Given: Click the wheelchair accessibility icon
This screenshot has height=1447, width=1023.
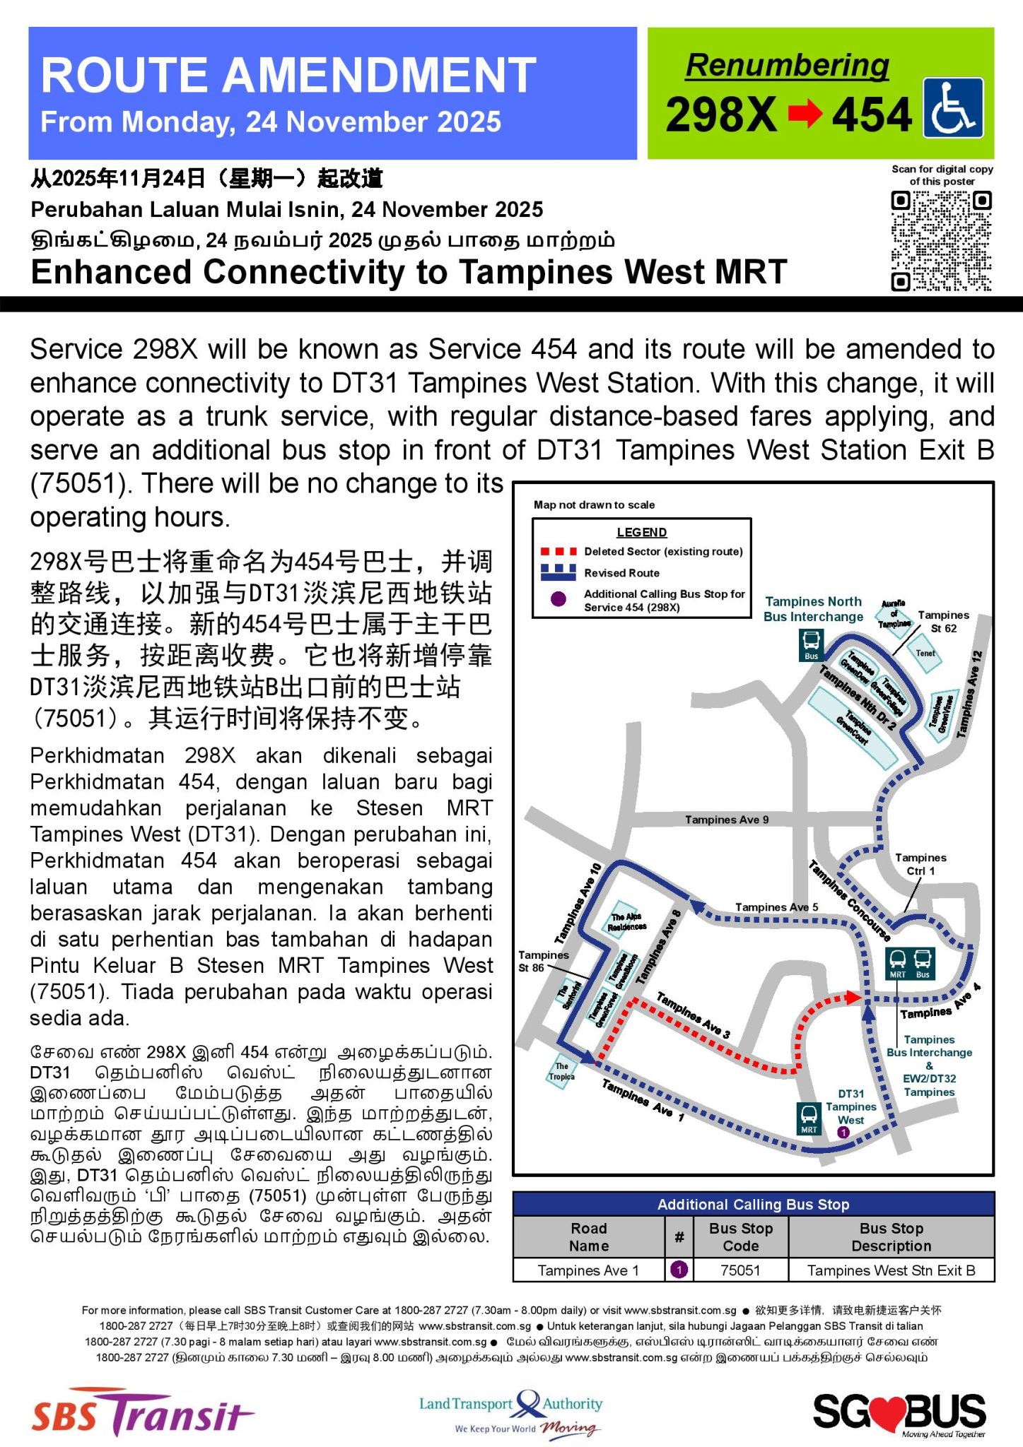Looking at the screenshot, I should click(952, 108).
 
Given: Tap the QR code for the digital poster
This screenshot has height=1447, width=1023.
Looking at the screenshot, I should click(941, 241).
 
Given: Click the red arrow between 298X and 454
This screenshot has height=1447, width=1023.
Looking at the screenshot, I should click(805, 114).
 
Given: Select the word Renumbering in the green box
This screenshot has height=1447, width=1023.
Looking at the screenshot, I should click(787, 65).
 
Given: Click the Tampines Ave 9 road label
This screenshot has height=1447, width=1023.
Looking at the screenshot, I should click(726, 820).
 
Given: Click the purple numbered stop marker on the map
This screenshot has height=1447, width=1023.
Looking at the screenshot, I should click(843, 1132).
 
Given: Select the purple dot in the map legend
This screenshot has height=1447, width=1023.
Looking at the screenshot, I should click(558, 599).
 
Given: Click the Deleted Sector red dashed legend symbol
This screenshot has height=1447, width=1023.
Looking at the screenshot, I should click(558, 551).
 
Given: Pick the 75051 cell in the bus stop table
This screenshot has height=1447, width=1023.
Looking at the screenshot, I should click(740, 1270).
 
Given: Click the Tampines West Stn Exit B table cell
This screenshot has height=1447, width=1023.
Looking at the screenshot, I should click(891, 1270).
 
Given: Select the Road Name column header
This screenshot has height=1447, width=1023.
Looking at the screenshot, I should click(588, 1236).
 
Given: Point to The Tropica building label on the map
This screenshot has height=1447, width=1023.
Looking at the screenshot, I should click(561, 1071).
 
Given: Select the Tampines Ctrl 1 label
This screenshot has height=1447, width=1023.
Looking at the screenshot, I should click(920, 864).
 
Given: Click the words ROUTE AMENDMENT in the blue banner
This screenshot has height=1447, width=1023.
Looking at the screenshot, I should click(288, 75).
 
